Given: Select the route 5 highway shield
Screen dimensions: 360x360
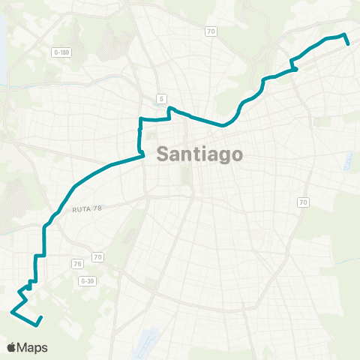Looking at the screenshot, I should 161,98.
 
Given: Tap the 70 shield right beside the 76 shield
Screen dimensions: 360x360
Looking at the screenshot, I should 97,257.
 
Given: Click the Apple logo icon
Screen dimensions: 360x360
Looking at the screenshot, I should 13,347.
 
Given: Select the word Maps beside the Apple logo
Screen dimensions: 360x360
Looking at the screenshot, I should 34,347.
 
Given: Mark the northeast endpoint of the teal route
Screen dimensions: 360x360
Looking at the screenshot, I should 349,44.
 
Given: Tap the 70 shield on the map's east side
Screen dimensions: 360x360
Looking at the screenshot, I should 303,202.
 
